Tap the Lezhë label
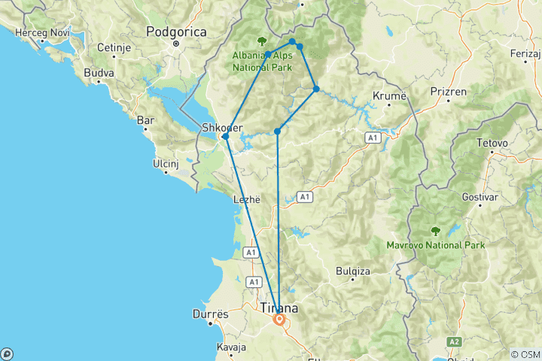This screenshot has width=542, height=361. (247, 200)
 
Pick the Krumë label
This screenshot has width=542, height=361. (389, 96)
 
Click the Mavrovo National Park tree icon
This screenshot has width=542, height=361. (434, 231)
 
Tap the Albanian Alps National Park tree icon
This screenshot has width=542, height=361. (262, 41)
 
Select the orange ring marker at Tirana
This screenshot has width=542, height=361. (279, 319)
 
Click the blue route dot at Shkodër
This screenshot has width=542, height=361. (225, 136)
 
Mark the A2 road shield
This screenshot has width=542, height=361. (453, 341)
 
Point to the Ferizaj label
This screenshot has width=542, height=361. (527, 54)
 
